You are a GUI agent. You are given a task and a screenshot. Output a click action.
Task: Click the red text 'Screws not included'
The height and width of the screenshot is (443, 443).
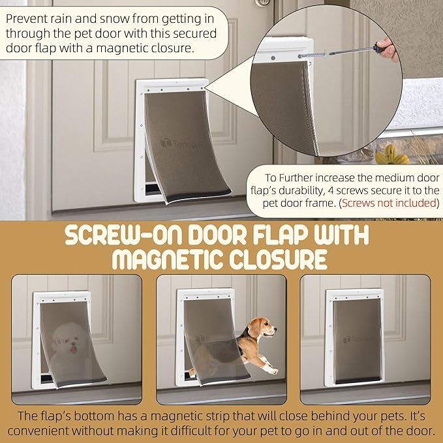(389, 203)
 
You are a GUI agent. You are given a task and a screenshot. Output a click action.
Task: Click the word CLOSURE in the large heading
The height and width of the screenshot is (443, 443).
(278, 260)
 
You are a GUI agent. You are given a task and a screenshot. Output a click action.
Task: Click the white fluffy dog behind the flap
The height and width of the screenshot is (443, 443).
(68, 348)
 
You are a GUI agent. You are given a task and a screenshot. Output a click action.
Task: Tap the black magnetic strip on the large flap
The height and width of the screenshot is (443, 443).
(198, 196)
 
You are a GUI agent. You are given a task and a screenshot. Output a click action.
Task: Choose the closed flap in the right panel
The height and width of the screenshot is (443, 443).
(357, 341)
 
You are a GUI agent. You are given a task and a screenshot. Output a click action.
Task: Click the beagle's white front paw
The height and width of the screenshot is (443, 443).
(272, 371)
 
